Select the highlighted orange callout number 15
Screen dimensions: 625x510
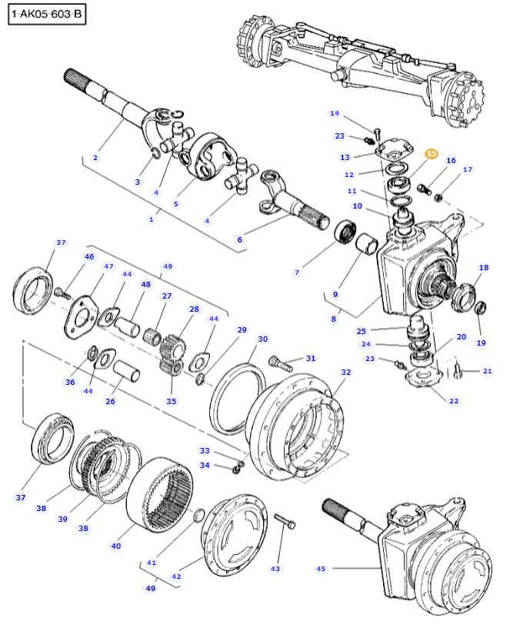point(432,154)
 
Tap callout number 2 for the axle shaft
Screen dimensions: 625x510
point(95,158)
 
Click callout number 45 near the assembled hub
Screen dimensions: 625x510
point(322,569)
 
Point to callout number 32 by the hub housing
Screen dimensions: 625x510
point(345,372)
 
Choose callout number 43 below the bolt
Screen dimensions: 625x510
point(275,569)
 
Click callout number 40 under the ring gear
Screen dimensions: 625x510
point(116,546)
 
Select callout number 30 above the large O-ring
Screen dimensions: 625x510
point(262,339)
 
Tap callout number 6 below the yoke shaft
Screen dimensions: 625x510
point(239,240)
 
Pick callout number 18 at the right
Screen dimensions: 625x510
point(484,268)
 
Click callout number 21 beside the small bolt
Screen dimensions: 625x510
point(487,372)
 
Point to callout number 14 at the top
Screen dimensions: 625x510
point(334,114)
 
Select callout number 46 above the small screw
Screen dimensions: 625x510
point(89,256)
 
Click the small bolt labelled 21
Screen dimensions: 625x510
point(458,373)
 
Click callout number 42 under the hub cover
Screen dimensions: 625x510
point(176,576)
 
